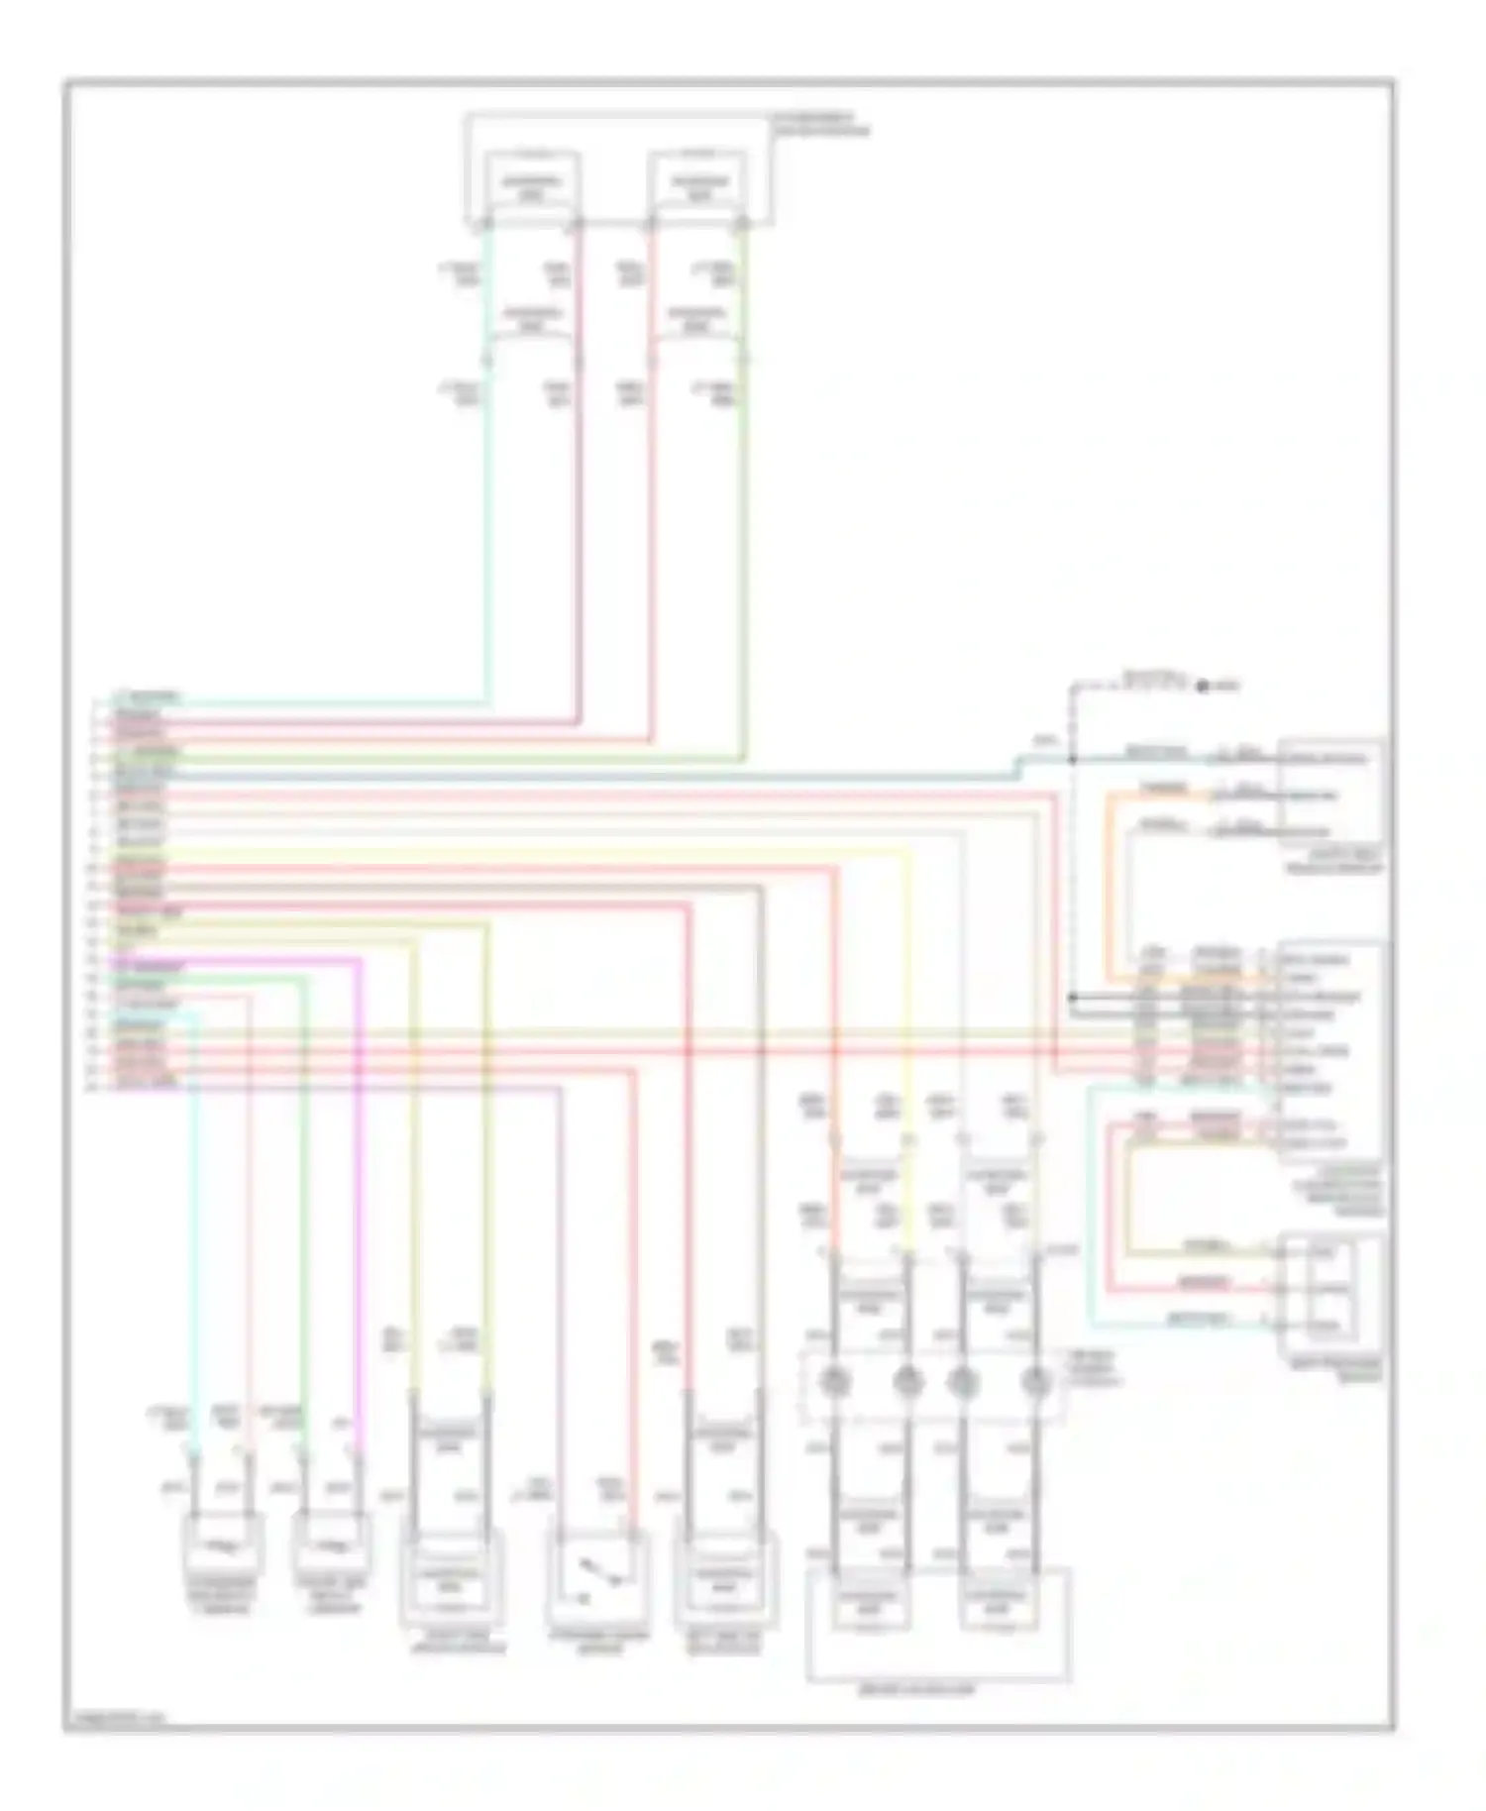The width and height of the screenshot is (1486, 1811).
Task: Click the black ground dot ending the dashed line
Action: click(x=1203, y=686)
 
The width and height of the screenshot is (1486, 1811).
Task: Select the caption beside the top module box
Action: click(x=819, y=125)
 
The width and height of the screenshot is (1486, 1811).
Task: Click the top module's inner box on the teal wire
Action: click(x=531, y=186)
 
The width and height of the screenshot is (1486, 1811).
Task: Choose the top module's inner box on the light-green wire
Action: click(x=698, y=186)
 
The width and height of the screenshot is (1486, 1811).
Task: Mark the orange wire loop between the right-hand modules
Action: click(x=1112, y=882)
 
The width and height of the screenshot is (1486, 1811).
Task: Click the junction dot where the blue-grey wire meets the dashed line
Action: click(x=1072, y=760)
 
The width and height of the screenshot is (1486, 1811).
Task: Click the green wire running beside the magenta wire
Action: click(x=304, y=1189)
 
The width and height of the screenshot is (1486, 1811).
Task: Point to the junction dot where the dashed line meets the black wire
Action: click(x=1073, y=997)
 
